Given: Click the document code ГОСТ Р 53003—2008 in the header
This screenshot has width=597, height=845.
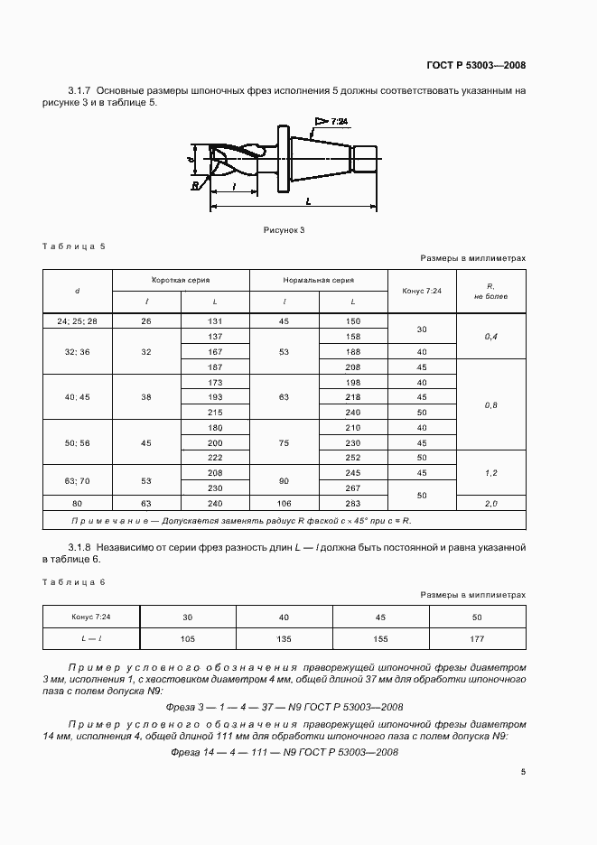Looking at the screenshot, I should [x=476, y=65].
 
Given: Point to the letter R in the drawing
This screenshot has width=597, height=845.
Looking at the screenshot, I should [x=195, y=187].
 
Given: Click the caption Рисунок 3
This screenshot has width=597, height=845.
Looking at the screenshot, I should [x=285, y=230].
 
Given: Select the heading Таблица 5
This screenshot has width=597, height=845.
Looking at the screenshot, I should [x=74, y=246].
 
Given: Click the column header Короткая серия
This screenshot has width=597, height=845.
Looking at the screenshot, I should [x=180, y=280].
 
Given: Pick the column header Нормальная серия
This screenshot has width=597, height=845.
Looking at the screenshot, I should [x=319, y=280].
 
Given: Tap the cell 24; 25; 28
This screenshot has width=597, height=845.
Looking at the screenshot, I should [x=77, y=320].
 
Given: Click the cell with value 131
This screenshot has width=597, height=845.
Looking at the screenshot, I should [x=215, y=320].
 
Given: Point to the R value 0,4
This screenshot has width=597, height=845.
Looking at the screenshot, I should [x=491, y=336].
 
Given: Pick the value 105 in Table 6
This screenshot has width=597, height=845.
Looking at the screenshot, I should [x=188, y=638].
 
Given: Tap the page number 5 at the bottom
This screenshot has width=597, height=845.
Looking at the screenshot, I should [x=523, y=771].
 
